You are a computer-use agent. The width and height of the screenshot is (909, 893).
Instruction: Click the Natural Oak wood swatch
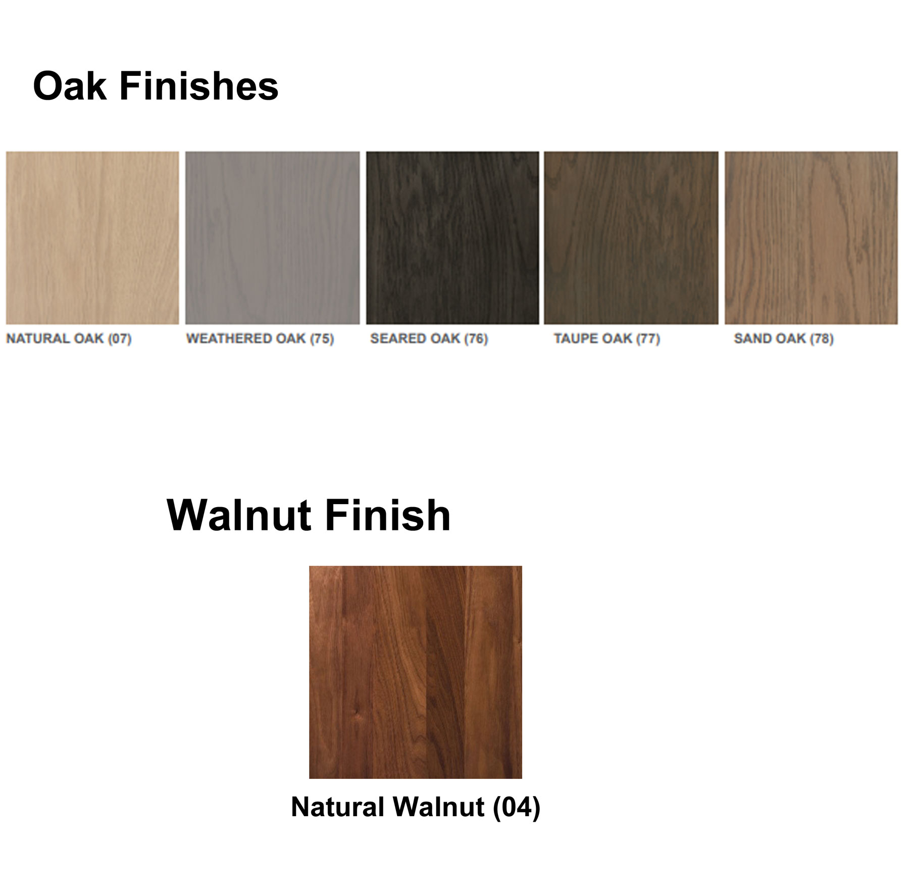click(x=92, y=238)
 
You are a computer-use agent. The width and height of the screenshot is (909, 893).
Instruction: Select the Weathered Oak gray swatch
click(x=273, y=238)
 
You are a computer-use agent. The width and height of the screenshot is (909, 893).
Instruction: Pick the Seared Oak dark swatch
click(x=452, y=238)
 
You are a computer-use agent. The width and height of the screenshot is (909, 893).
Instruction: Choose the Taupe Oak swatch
click(x=631, y=238)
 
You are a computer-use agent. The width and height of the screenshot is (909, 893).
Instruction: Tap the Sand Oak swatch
click(x=812, y=238)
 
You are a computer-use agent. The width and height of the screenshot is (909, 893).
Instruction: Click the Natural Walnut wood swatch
click(x=416, y=672)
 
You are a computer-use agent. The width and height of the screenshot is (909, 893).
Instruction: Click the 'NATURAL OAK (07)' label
click(x=69, y=338)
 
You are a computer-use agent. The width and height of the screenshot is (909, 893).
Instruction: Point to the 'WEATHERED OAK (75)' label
click(x=260, y=338)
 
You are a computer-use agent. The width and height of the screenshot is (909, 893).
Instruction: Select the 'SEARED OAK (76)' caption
click(x=429, y=338)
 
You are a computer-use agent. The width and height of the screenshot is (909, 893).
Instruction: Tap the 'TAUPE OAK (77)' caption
click(x=607, y=338)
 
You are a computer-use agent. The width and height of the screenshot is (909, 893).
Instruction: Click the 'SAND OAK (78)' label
click(x=784, y=338)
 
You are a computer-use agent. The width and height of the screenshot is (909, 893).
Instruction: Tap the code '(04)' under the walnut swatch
click(x=517, y=807)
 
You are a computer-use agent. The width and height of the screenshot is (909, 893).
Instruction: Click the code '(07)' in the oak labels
click(x=120, y=338)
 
